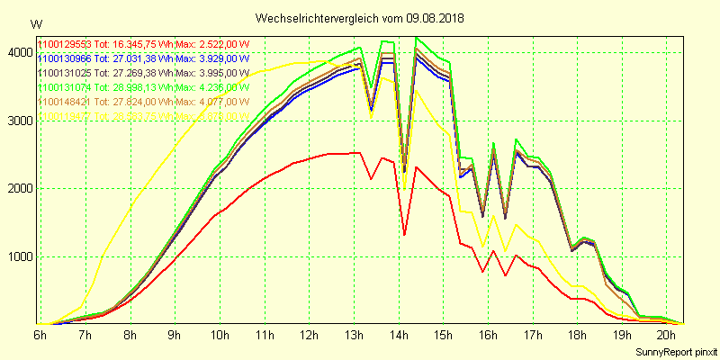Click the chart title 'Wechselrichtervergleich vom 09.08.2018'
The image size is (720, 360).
coord(360,18)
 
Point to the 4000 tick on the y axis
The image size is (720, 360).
coord(18,53)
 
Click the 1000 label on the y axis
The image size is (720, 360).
coord(18,256)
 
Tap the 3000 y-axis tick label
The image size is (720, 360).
coord(18,121)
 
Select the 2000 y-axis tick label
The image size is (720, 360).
coord(18,189)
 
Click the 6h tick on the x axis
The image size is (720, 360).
coord(40,335)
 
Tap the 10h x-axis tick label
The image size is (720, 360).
coord(218,335)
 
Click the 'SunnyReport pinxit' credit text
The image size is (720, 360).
coord(676,350)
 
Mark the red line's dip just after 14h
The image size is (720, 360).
coord(405,235)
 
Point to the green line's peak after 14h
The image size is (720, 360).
coord(415,38)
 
